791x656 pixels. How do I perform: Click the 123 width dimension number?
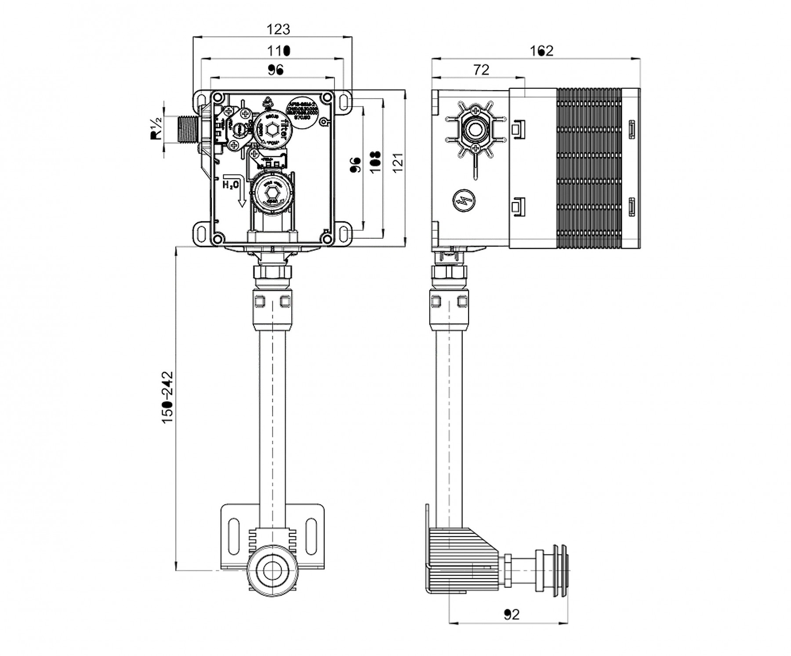pos(279,29)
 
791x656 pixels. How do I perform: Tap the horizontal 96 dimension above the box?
pos(276,69)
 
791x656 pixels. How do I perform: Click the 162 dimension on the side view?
pos(541,51)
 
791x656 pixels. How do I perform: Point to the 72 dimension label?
pos(481,69)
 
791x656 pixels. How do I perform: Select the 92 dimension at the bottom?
pos(512,614)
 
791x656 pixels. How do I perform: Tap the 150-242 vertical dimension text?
pos(168,398)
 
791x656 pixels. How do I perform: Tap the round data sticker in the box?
pos(302,114)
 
